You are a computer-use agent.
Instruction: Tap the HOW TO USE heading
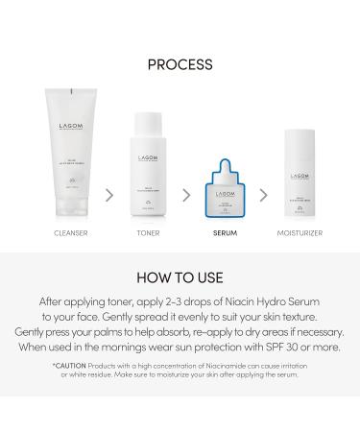pos(180,278)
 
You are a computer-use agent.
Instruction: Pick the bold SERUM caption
pos(224,233)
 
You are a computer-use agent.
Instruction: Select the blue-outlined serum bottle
pos(226,189)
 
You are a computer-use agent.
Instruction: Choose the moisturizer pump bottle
pos(298,180)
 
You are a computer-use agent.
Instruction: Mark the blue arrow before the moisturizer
pos(264,194)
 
